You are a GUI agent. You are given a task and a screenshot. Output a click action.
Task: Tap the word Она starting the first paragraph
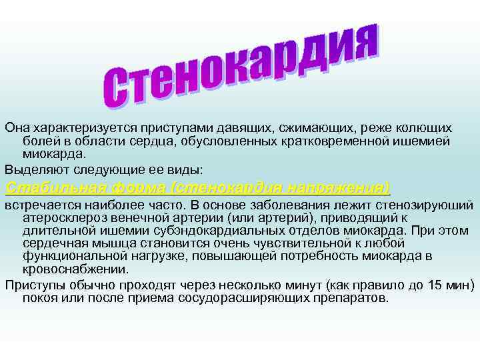tap(17, 127)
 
